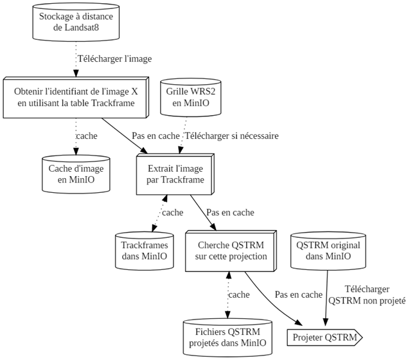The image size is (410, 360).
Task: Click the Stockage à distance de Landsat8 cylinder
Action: coord(76,22)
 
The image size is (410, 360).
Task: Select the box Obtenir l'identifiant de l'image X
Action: coord(76,97)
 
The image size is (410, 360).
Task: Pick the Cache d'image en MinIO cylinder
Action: coord(76,174)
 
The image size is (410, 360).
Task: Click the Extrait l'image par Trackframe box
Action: coord(175,174)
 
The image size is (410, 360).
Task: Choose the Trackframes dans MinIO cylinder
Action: coord(145,250)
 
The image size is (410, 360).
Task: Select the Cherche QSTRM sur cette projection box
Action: coord(230,250)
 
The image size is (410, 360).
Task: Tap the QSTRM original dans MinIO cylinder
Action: coord(328,250)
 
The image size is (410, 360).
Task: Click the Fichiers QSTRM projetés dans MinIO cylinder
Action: coord(227,337)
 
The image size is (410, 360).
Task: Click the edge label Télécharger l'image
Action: coord(114,59)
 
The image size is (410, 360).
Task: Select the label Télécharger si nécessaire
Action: coord(231,136)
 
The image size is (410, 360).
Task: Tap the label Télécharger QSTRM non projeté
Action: coord(367,294)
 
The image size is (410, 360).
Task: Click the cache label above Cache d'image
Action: coord(87,136)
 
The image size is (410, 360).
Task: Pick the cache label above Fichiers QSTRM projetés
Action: coord(239,294)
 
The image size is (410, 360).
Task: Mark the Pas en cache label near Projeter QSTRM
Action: coord(298,294)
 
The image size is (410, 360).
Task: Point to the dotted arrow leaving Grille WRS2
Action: coord(184,136)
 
